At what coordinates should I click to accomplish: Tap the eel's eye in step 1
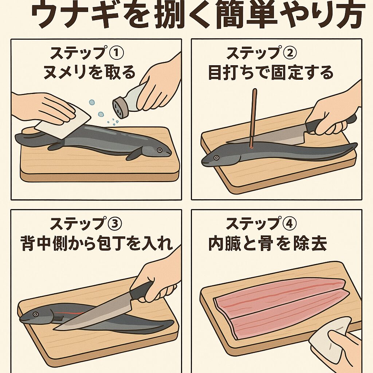(160, 150)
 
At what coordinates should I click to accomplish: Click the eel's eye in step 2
(216, 158)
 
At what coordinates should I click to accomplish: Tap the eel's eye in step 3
(36, 314)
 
